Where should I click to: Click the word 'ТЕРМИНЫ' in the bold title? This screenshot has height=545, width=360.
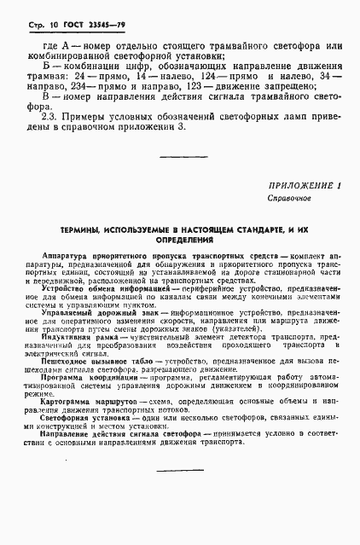(x=79, y=231)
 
